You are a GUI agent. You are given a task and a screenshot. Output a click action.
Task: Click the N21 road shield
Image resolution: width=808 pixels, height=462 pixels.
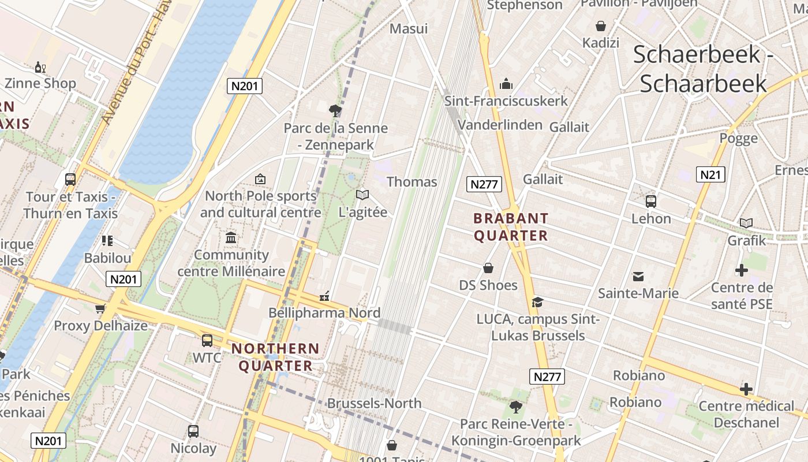coord(710,174)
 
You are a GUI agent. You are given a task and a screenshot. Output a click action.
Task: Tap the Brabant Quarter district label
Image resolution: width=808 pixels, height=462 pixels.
coord(510,227)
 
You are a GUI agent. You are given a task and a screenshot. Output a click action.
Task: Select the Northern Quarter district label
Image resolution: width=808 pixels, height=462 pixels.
coord(275,357)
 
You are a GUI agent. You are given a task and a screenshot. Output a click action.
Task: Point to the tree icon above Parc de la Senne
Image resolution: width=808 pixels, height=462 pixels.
coord(334,110)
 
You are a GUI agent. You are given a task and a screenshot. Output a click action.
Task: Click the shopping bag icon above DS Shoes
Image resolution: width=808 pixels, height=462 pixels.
coord(488,268)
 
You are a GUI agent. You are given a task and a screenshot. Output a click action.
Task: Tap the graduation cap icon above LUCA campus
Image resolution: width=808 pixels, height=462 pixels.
coord(537,302)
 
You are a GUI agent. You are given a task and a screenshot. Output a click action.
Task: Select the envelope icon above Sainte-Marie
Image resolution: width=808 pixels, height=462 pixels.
coord(638,276)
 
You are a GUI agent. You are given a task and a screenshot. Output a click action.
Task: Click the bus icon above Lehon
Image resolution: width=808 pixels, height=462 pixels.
coord(651,202)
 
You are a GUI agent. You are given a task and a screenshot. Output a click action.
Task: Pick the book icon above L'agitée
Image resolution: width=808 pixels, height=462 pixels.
coord(362,195)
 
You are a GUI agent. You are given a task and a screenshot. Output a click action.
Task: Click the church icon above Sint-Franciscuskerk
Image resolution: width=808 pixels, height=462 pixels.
coord(506,84)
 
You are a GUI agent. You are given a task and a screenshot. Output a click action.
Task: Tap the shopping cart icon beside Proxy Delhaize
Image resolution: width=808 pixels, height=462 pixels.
coord(100,309)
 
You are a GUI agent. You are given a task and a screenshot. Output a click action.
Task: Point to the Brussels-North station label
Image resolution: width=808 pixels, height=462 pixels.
coord(374,403)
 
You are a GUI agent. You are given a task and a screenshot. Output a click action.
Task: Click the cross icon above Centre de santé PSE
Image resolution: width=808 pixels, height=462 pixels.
coord(742,270)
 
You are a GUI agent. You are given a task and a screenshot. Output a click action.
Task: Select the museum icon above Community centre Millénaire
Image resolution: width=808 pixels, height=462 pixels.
coord(231,237)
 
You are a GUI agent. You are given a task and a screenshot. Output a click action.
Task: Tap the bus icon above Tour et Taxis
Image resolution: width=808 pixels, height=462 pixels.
coord(70,179)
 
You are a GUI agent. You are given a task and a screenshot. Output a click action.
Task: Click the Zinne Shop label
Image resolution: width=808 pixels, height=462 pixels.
coord(40,83)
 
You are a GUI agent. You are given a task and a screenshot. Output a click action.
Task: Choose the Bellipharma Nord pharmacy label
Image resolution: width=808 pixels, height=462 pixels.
coord(324,313)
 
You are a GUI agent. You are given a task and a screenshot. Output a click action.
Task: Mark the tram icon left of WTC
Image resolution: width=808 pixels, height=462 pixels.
coord(207,341)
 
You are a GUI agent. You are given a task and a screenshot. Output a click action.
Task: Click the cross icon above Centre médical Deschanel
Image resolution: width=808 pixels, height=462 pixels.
coord(746,389)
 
